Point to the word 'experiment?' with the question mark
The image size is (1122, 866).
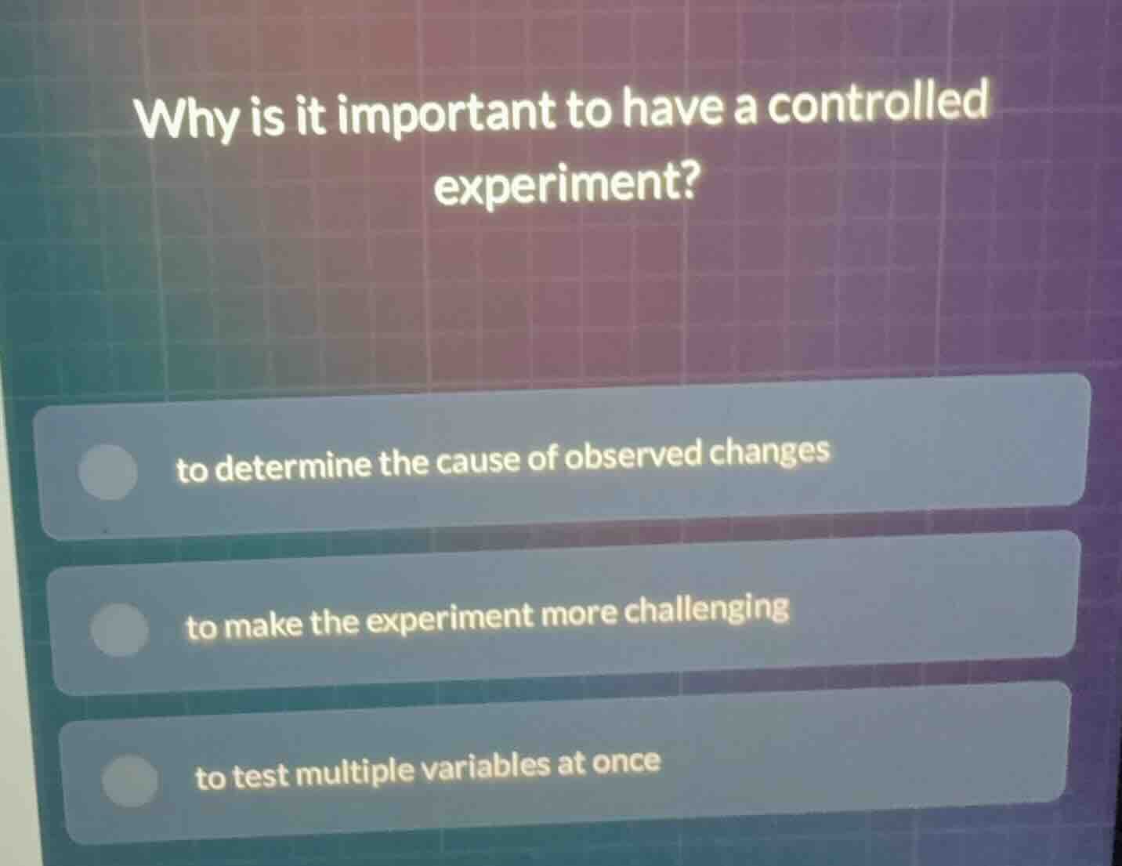(x=566, y=186)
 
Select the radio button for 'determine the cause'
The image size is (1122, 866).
(x=108, y=473)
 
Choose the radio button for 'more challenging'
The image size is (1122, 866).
(x=119, y=629)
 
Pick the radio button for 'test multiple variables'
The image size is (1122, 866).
(x=130, y=780)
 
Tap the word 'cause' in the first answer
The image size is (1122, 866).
(x=477, y=462)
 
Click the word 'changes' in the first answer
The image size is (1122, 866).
(x=773, y=452)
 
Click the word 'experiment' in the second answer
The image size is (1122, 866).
(x=451, y=619)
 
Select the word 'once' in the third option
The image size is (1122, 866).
(x=626, y=762)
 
